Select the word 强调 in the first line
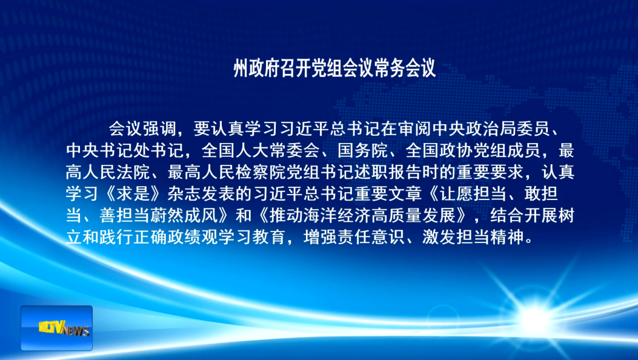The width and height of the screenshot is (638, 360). point(159,129)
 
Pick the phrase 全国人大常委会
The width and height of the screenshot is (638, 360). point(261,150)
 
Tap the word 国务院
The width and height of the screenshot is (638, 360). point(363,150)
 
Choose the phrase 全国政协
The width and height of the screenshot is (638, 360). point(439,150)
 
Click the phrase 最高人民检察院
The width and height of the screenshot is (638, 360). point(227,172)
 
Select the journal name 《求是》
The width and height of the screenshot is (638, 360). point(133,193)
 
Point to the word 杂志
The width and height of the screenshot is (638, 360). point(184,193)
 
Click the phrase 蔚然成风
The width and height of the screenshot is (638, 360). point(184,215)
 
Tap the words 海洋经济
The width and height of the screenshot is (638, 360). point(337,215)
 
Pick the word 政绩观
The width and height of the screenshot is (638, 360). point(193,237)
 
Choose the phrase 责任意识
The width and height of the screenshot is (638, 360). point(371,237)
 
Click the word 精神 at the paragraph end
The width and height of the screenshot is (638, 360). point(507,237)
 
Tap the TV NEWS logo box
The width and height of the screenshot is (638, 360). point(56,328)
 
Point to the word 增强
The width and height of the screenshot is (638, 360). point(321,237)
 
